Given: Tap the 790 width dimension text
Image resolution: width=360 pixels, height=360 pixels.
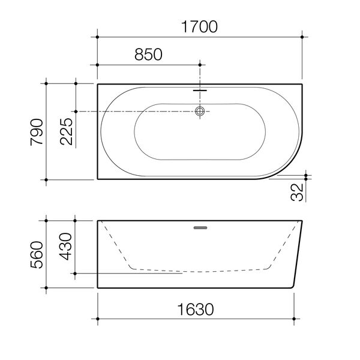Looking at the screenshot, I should [38, 131].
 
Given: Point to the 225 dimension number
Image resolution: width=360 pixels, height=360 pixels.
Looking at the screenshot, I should [67, 131].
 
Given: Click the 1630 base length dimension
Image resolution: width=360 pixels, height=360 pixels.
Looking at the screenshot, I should [196, 310].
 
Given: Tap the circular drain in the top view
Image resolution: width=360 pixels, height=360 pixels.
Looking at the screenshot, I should [200, 111].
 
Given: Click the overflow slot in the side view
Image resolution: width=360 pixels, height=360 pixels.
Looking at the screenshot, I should [200, 227].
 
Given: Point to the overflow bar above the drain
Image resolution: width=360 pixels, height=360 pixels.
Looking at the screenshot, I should [200, 91].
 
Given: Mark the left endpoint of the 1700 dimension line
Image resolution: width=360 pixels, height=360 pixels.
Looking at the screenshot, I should [98, 37].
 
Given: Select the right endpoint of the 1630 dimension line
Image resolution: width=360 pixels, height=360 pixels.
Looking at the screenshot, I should [295, 319].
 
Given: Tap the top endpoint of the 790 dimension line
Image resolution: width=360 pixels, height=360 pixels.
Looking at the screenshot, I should [47, 83].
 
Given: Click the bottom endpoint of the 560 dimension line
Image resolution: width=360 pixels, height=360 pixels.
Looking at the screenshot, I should [47, 289].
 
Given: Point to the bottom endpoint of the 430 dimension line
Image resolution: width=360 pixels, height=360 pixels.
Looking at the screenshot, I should [75, 274].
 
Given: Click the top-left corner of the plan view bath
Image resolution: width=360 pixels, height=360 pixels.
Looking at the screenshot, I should [98, 84].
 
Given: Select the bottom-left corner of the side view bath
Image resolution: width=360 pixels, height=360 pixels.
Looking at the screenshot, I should [98, 288].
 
